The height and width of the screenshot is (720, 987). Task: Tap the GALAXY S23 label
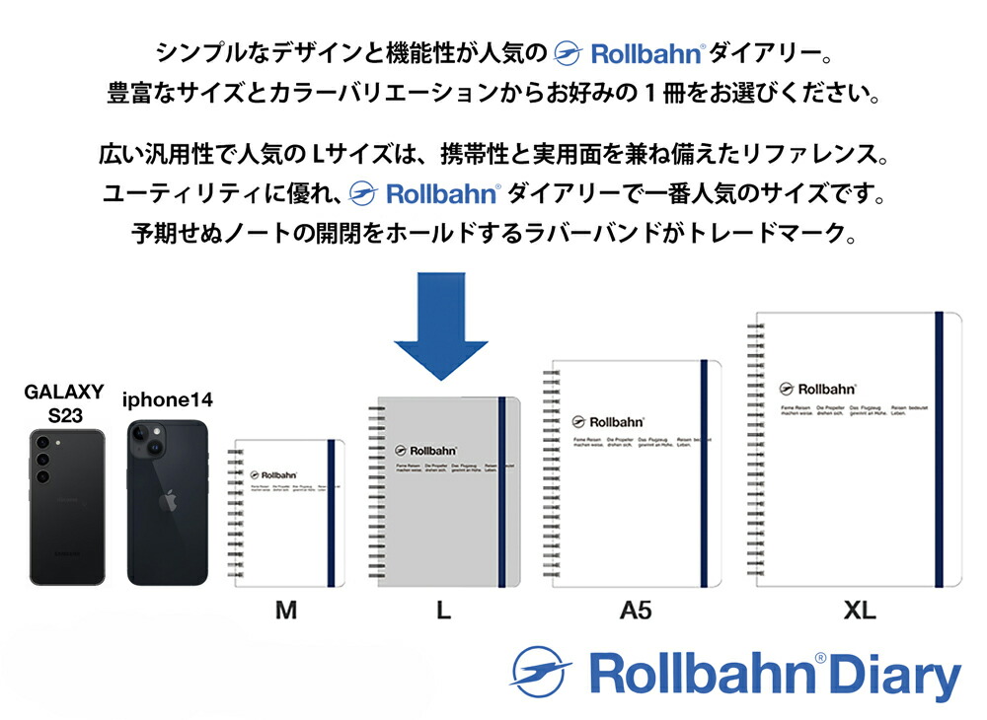click(64, 403)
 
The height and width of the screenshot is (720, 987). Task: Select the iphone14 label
click(167, 399)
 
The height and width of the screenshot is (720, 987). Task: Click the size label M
click(285, 611)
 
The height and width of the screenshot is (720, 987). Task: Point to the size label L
click(443, 611)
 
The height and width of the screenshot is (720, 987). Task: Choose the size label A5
click(636, 611)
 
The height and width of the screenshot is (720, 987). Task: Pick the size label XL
click(860, 611)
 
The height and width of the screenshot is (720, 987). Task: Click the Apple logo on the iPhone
click(168, 501)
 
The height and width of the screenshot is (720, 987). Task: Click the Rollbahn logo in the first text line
click(630, 52)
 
